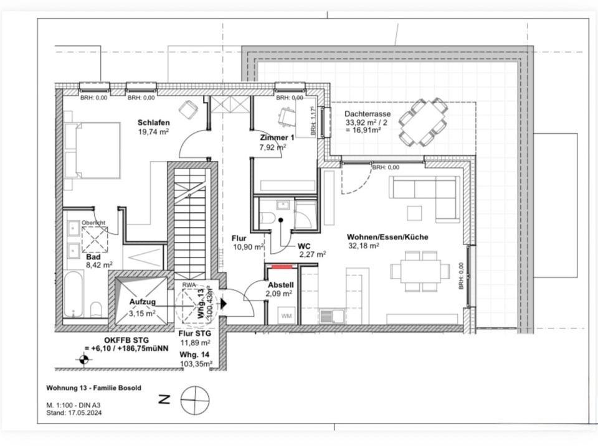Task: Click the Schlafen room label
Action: pyautogui.click(x=153, y=123)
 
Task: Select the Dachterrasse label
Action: pyautogui.click(x=368, y=114)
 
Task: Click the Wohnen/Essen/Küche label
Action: pyautogui.click(x=387, y=237)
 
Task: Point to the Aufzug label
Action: pyautogui.click(x=142, y=302)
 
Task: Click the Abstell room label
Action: pyautogui.click(x=280, y=285)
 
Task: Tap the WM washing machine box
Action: pyautogui.click(x=287, y=316)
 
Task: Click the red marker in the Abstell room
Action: pyautogui.click(x=282, y=266)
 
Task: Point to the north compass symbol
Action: pyautogui.click(x=194, y=399)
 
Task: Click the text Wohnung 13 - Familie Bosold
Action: pyautogui.click(x=93, y=388)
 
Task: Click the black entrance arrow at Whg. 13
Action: pyautogui.click(x=224, y=303)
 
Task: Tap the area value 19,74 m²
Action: pyautogui.click(x=153, y=131)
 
